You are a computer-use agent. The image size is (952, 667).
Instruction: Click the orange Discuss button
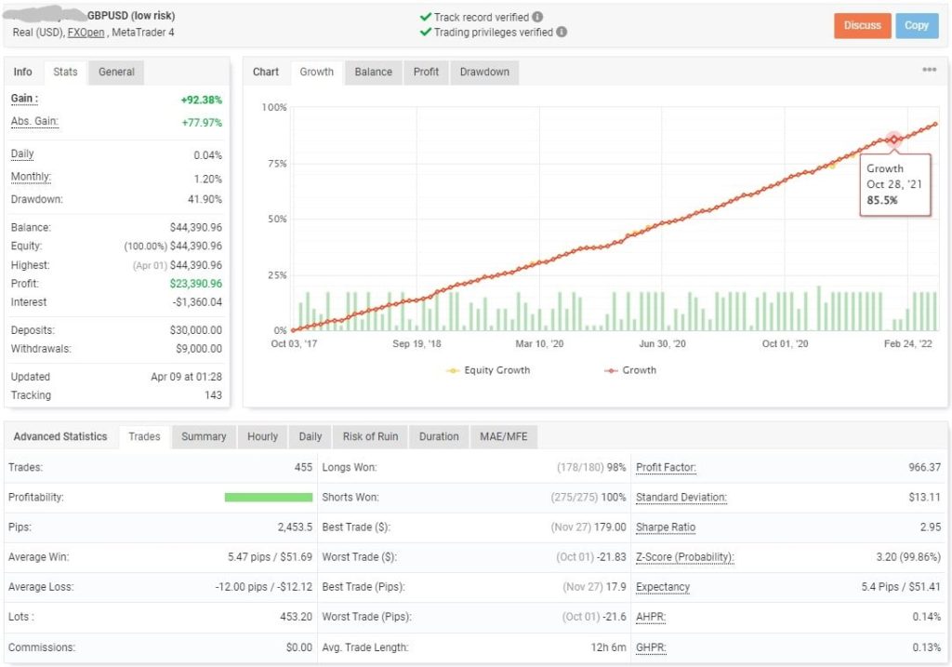click(x=862, y=25)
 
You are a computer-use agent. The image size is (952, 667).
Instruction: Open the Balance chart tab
click(x=373, y=72)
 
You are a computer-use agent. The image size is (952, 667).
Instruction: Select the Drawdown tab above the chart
click(x=484, y=72)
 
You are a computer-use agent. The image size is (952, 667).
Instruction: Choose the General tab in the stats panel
click(x=116, y=72)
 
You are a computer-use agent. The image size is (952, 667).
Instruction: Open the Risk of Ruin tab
click(x=370, y=436)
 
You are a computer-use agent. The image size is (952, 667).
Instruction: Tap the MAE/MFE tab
click(x=502, y=436)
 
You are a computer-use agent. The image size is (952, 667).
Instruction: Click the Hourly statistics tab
click(x=262, y=436)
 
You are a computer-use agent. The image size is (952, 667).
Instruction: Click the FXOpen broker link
click(x=85, y=32)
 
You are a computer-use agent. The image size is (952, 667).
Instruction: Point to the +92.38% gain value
click(x=201, y=100)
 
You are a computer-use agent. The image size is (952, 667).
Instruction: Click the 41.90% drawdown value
click(x=205, y=199)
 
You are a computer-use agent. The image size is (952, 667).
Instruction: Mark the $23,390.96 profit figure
click(x=195, y=283)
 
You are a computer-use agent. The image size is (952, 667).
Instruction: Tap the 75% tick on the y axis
click(x=274, y=164)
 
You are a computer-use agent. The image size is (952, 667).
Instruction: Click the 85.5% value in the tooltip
click(x=883, y=200)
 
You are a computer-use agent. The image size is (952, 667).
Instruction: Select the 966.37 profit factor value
click(x=922, y=467)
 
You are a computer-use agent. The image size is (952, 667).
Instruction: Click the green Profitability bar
click(x=268, y=498)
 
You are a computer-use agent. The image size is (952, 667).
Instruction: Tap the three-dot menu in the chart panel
click(x=929, y=70)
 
